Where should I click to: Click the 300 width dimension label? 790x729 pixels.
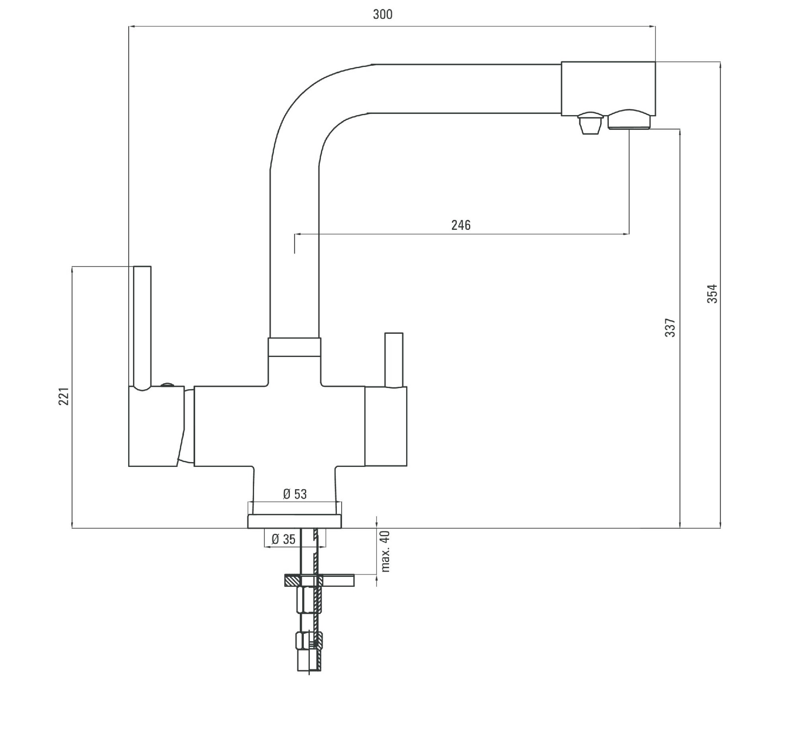pos(383,14)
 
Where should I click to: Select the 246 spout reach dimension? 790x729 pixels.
pos(461,225)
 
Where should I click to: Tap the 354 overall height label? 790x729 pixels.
pos(712,294)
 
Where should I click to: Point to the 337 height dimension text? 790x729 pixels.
pos(671,327)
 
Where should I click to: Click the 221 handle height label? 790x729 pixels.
pos(64,396)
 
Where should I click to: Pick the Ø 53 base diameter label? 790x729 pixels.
pos(295,494)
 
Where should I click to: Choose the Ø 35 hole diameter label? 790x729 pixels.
pos(284,539)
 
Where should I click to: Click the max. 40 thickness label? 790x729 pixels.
pos(385,551)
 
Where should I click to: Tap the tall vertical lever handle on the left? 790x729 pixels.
pos(142,327)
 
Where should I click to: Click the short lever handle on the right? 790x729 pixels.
pos(394,360)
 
